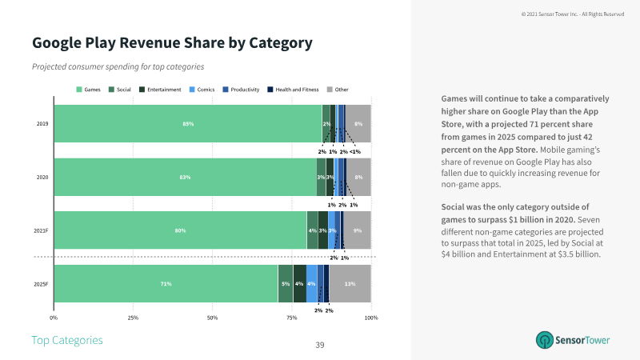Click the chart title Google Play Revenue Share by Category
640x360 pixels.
(x=171, y=42)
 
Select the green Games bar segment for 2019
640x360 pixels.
(x=187, y=124)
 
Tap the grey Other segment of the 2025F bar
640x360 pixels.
(x=350, y=284)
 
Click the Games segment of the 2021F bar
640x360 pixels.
(x=180, y=230)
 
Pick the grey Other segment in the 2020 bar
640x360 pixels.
(x=359, y=177)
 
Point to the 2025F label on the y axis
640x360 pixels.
(x=42, y=284)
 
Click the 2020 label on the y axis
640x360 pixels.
(x=42, y=177)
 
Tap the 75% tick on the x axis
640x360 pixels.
(x=292, y=318)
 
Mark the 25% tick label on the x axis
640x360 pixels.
(x=134, y=318)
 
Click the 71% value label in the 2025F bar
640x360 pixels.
(x=166, y=284)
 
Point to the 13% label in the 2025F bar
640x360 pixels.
(x=350, y=284)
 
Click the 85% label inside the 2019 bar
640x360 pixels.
(x=188, y=124)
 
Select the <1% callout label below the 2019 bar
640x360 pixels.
(x=355, y=151)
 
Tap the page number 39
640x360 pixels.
(x=319, y=345)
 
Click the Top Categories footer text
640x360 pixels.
(x=67, y=340)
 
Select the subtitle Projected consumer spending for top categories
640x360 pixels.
(x=118, y=66)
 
